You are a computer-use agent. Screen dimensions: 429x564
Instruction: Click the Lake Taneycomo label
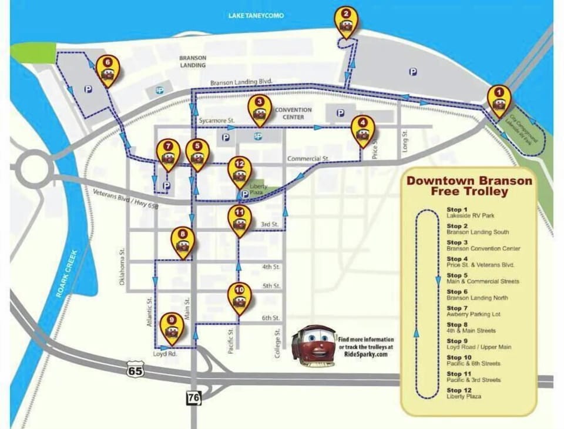pyautogui.click(x=256, y=15)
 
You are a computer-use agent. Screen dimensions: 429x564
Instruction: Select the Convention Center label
pyautogui.click(x=289, y=113)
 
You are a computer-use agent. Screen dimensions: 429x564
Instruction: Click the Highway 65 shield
pyautogui.click(x=135, y=370)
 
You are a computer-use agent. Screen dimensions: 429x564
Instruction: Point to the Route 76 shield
pyautogui.click(x=193, y=398)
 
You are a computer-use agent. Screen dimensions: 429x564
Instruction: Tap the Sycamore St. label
pyautogui.click(x=216, y=119)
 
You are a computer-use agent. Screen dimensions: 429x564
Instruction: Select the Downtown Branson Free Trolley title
pyautogui.click(x=469, y=186)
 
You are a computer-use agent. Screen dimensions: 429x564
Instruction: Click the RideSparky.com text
pyautogui.click(x=365, y=355)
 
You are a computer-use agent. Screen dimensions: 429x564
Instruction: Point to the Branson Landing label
pyautogui.click(x=193, y=62)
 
